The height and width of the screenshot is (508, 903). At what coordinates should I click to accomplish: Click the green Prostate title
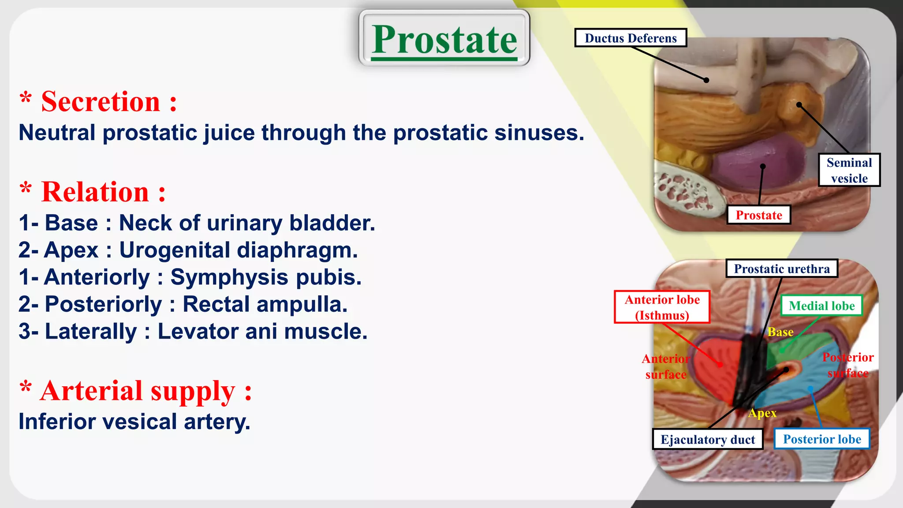tap(444, 40)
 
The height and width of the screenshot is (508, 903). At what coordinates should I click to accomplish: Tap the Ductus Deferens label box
tap(631, 38)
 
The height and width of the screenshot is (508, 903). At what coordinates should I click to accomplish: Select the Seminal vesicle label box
tap(849, 170)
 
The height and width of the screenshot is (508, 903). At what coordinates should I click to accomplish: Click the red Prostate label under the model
tap(759, 215)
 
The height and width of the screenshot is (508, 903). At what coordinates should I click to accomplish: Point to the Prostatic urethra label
tap(782, 269)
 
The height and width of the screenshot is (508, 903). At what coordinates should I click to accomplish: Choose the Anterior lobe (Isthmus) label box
tap(662, 307)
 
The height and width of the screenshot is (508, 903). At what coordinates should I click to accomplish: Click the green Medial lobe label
tap(821, 306)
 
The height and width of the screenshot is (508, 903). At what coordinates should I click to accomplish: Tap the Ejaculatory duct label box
tap(708, 440)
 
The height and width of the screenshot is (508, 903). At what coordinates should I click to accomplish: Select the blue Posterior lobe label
tap(822, 439)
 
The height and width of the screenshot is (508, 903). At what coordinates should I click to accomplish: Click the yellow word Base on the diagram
tap(780, 332)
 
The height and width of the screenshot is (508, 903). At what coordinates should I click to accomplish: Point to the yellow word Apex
tap(762, 413)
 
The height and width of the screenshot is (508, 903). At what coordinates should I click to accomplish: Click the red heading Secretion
tap(101, 102)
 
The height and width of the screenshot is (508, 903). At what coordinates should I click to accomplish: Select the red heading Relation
tap(95, 192)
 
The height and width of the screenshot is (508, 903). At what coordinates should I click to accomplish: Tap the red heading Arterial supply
tap(138, 391)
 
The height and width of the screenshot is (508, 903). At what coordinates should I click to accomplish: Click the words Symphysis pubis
tap(266, 277)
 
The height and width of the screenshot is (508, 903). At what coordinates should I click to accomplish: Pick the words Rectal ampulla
tap(265, 304)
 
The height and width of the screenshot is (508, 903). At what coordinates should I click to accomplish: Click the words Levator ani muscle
tap(262, 332)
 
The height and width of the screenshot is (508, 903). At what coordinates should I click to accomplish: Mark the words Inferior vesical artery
tap(134, 422)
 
